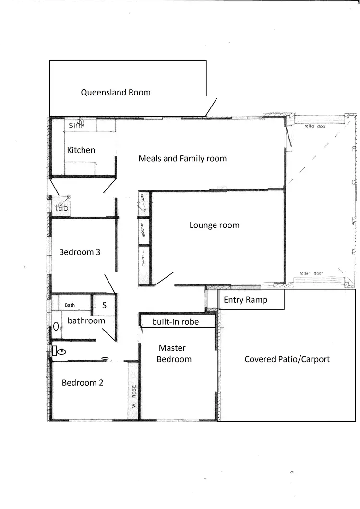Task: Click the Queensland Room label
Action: pos(116,92)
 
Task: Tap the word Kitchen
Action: pos(81,150)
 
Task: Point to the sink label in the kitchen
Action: pos(76,125)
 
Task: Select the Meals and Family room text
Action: pos(182,158)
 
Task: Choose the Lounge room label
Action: pos(214,225)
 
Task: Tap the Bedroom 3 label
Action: pos(80,252)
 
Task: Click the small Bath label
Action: pos(70,305)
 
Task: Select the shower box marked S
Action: pos(104,305)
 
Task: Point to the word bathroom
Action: pos(86,320)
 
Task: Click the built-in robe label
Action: pos(175,322)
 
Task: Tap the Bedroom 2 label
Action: pos(83,383)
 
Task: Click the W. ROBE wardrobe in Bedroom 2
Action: pos(134,396)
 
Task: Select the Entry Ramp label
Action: pos(245,300)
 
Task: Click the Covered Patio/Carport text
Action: pos(287,359)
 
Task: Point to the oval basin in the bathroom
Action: pos(56,326)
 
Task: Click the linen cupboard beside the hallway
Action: pos(144,264)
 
